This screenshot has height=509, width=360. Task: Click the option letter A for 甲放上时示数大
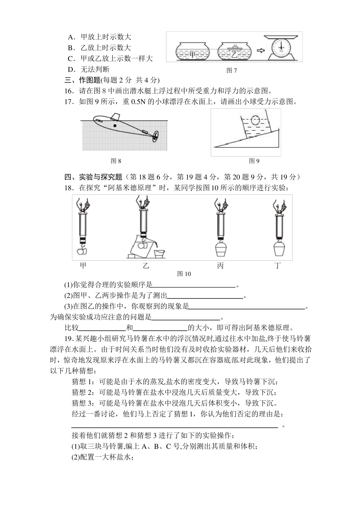click(x=70, y=37)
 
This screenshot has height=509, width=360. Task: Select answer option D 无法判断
click(x=88, y=69)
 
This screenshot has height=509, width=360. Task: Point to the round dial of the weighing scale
click(x=281, y=48)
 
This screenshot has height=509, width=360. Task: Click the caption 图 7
click(x=231, y=70)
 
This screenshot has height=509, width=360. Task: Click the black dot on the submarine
click(x=115, y=125)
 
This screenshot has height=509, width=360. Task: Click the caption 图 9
click(x=254, y=161)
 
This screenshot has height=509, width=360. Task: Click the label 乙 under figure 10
click(x=146, y=266)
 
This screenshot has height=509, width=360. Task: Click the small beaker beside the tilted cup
click(x=159, y=253)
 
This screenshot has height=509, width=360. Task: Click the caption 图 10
click(x=184, y=274)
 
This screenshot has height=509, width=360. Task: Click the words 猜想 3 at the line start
click(x=82, y=403)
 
